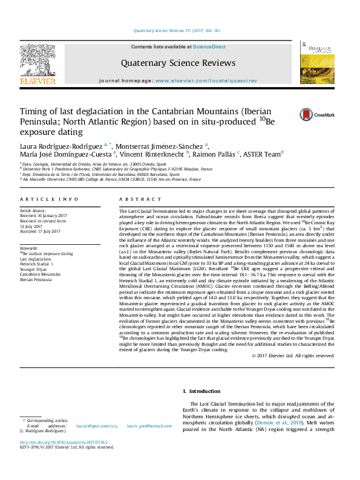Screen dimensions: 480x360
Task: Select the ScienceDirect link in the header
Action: pos(209,47)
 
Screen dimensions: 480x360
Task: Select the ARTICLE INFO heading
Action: pos(48,199)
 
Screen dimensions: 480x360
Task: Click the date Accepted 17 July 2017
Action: pos(41,231)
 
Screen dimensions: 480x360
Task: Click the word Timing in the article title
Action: pos(36,112)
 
